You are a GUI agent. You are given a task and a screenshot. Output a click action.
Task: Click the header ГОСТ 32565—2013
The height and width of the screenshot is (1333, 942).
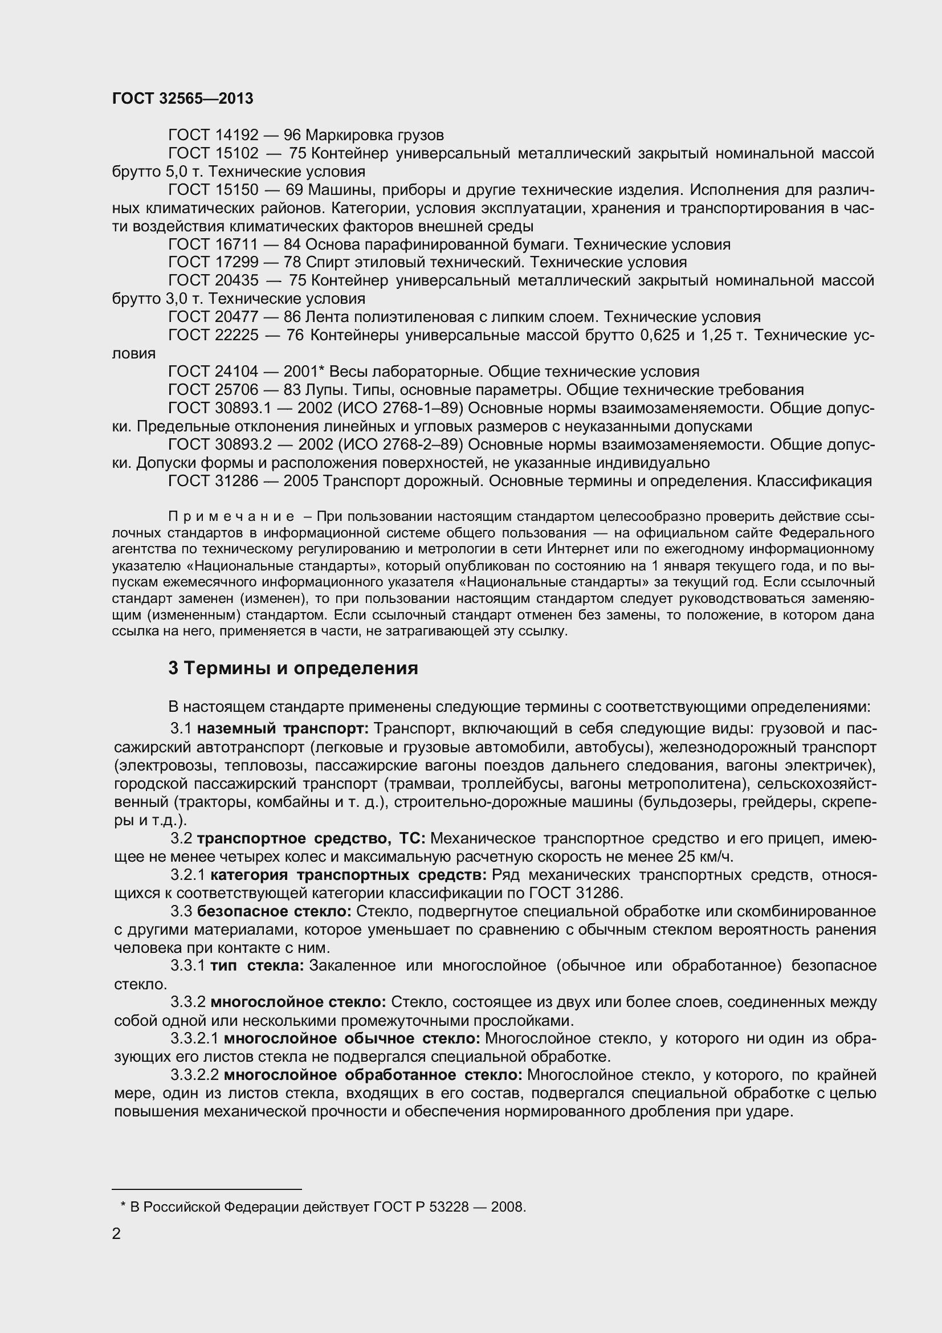(x=182, y=99)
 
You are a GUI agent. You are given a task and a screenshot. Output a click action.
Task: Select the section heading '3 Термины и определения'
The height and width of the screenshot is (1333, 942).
(x=293, y=668)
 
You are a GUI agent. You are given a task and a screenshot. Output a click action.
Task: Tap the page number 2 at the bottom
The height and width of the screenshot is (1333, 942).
(x=117, y=1234)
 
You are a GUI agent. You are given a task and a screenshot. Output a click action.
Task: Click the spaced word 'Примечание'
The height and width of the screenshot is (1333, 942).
(x=231, y=517)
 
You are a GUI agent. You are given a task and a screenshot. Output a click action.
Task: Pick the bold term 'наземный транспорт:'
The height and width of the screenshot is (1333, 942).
(x=283, y=729)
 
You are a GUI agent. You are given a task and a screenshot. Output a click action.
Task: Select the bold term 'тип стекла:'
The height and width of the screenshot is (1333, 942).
(x=257, y=965)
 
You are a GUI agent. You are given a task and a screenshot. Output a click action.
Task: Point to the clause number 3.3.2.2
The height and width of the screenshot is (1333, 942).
(x=194, y=1075)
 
